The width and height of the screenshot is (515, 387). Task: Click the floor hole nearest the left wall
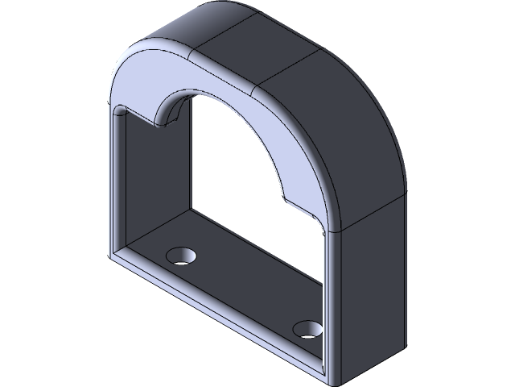click(182, 256)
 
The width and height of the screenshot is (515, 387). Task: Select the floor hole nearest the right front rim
click(307, 329)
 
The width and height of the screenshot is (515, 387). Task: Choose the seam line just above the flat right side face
click(370, 211)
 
